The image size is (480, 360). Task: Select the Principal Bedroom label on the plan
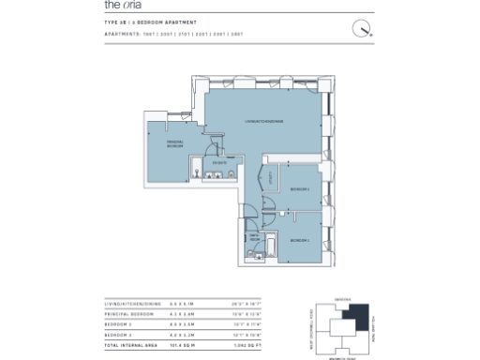tap(175, 143)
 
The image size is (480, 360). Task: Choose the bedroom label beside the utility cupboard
tap(299, 189)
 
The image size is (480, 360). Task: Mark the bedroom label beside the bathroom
tap(299, 241)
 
